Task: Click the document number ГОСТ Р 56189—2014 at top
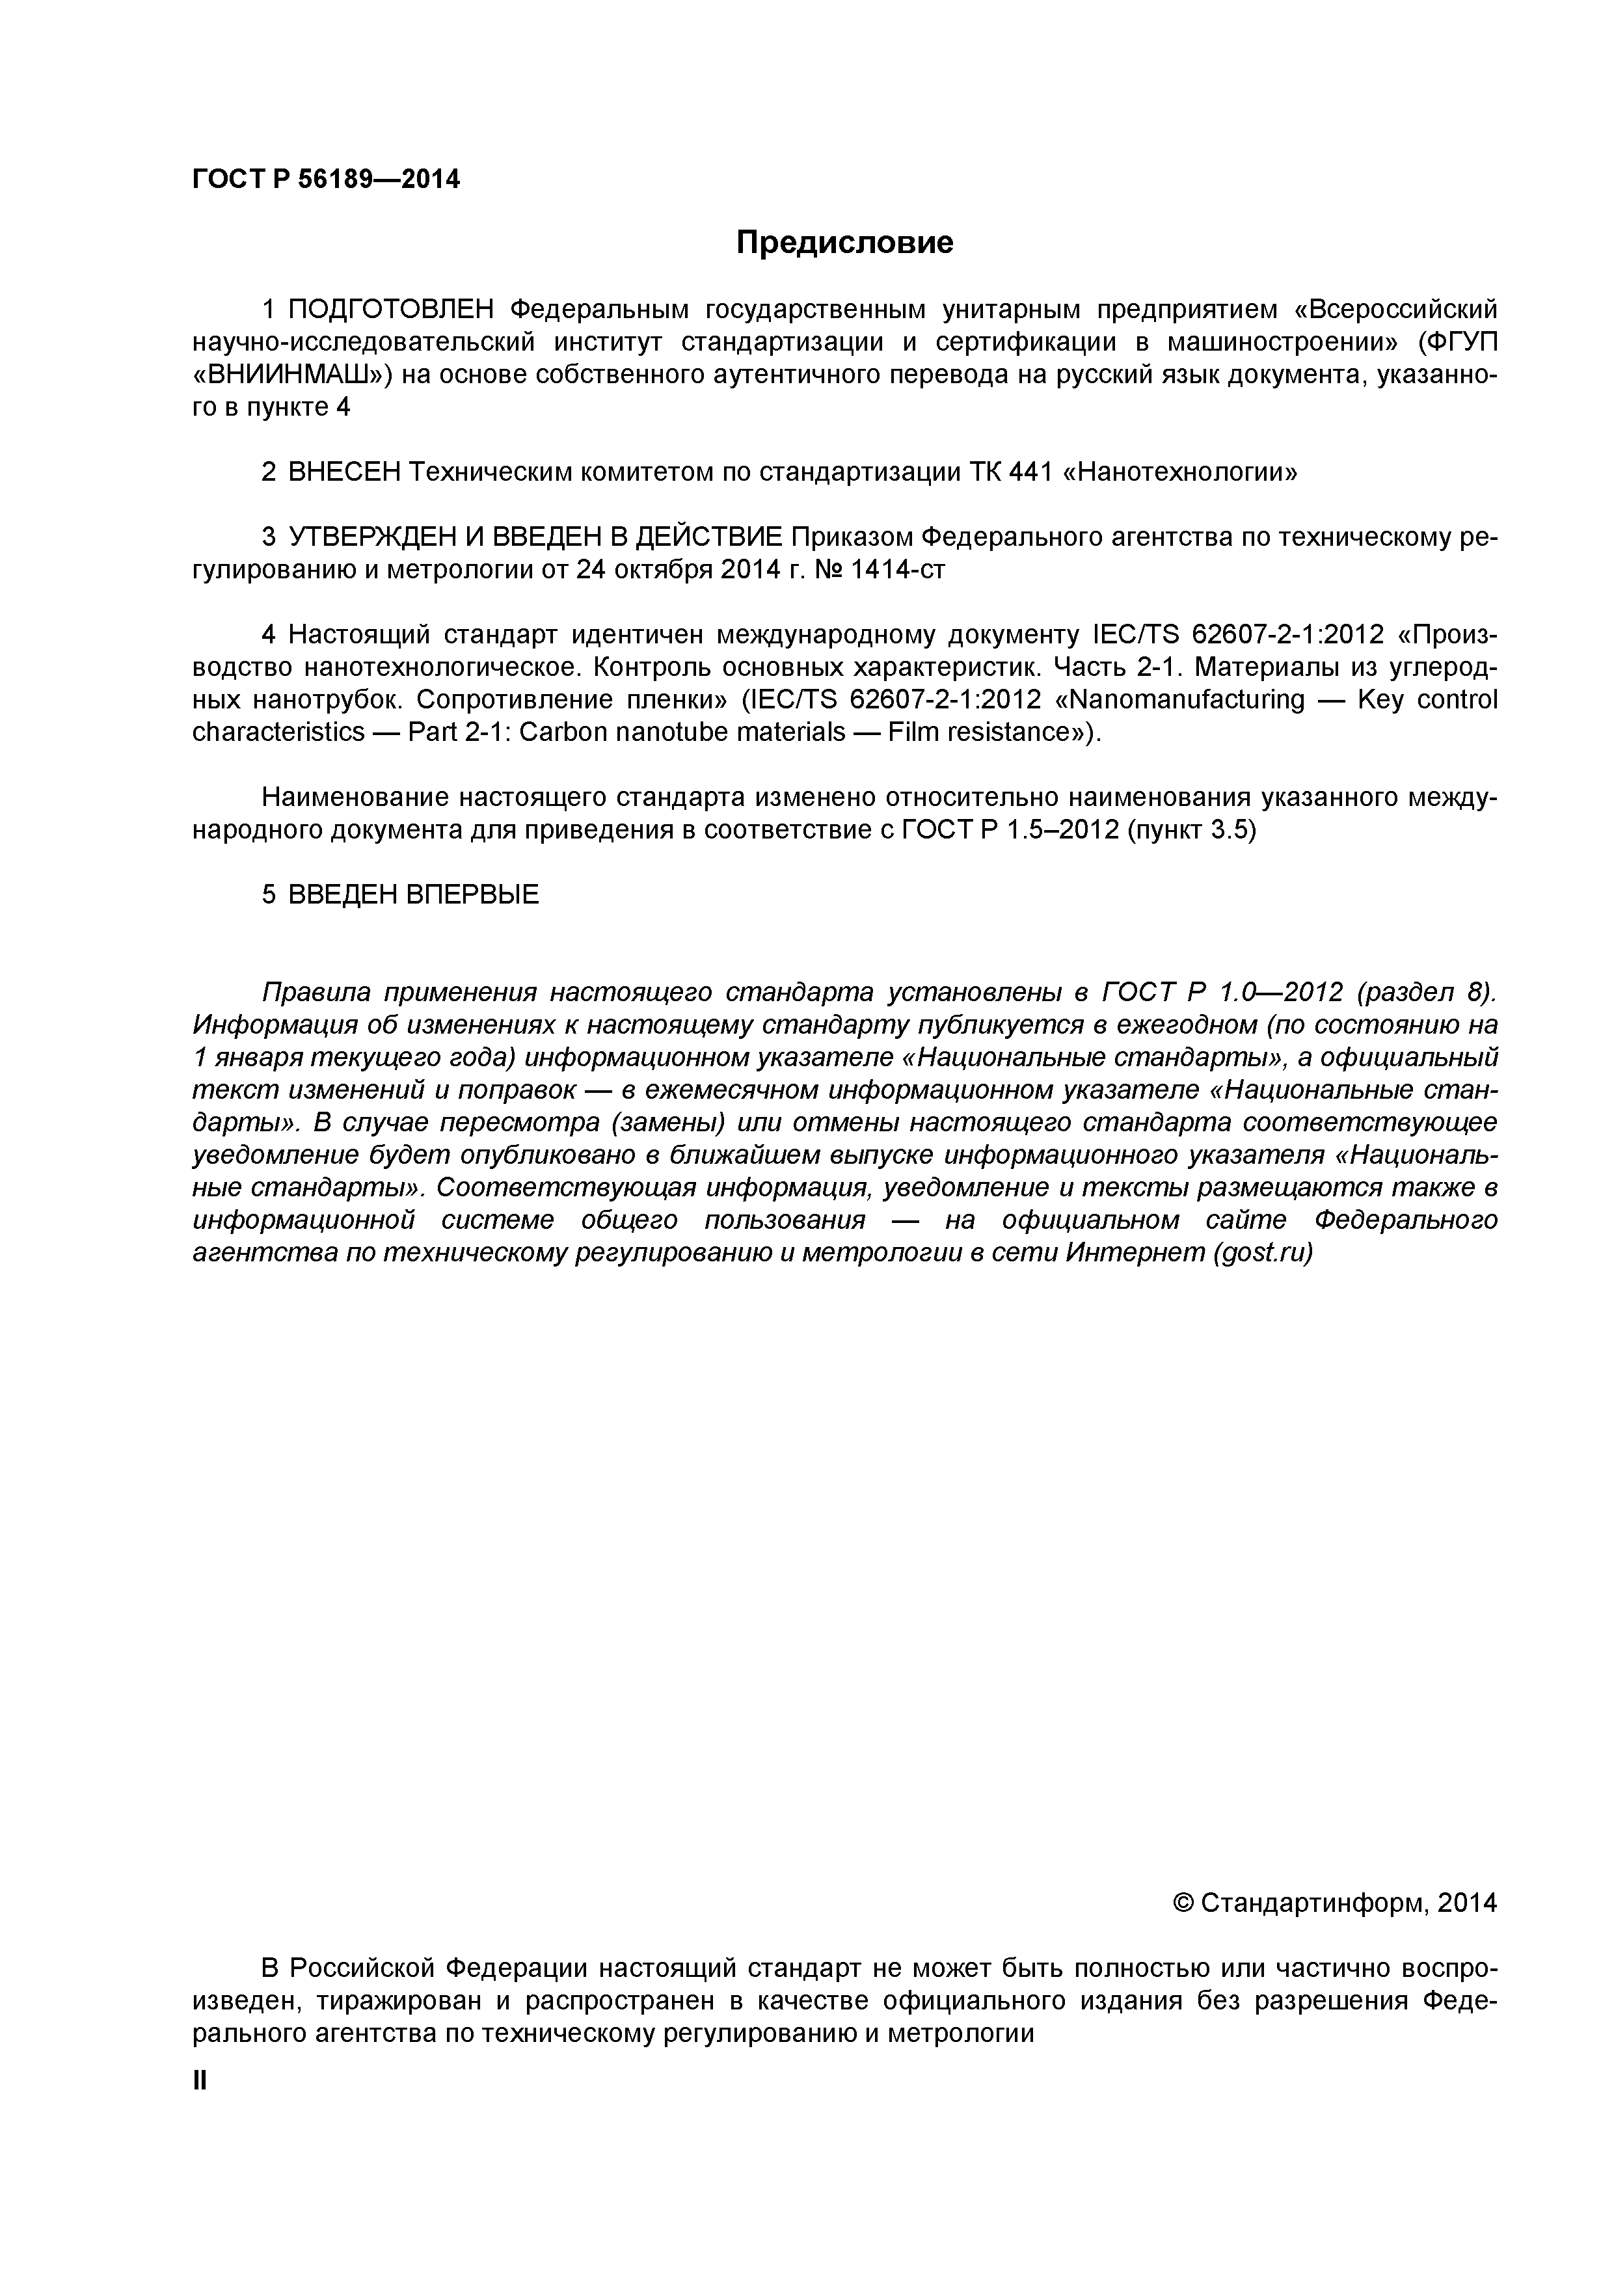[x=326, y=180]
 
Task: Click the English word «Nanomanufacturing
[x=1179, y=700]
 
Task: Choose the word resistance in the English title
[x=1004, y=732]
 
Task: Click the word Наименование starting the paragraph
[x=353, y=797]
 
